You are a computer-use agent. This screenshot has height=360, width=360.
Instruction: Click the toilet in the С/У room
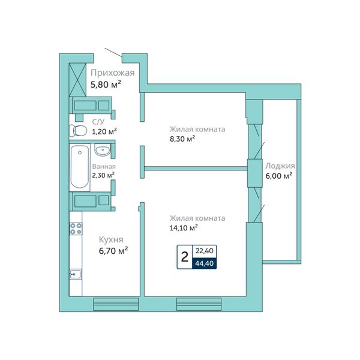click(x=78, y=131)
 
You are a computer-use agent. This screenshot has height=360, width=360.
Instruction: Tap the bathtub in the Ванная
click(x=79, y=166)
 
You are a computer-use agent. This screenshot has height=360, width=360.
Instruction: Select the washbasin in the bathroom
click(x=103, y=151)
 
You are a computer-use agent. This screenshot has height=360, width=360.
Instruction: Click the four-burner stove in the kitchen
click(x=76, y=229)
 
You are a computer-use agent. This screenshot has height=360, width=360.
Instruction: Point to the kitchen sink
click(x=76, y=274)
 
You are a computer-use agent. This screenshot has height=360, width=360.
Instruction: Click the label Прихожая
click(x=113, y=73)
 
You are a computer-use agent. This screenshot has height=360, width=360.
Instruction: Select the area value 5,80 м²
click(x=106, y=85)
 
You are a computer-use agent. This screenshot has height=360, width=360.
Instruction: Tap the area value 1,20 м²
click(x=104, y=131)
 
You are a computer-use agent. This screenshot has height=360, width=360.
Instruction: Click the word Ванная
click(x=104, y=166)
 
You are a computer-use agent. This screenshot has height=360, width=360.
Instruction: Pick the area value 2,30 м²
click(x=103, y=175)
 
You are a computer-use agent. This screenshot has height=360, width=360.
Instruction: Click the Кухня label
click(x=111, y=239)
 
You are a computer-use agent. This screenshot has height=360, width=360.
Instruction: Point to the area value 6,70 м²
click(x=113, y=251)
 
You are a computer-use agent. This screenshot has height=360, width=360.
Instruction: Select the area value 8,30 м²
click(x=182, y=139)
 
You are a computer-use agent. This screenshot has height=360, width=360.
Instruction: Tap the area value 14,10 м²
click(x=184, y=227)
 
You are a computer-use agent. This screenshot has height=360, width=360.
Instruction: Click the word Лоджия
click(x=280, y=166)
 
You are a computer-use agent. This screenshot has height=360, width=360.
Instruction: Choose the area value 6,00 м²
click(x=279, y=176)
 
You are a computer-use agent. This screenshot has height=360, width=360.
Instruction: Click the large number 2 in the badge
click(x=185, y=257)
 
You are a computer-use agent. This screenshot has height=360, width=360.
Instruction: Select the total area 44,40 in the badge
click(x=205, y=263)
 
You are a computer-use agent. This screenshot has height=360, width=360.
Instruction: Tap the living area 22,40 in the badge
click(x=205, y=251)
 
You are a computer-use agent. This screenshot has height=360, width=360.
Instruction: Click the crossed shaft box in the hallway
click(x=77, y=80)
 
